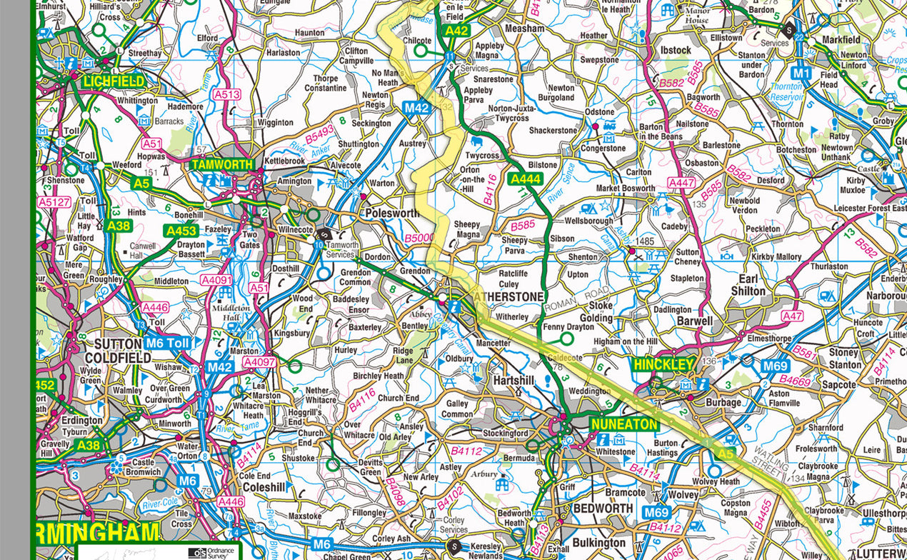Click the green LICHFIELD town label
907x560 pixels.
tap(114, 81)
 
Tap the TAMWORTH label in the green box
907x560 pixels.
tap(222, 164)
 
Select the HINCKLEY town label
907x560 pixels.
tap(663, 364)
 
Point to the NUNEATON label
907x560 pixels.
tap(623, 424)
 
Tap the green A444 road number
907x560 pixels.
tap(524, 179)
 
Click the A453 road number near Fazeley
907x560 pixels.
tap(181, 231)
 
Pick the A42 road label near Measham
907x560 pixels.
tap(456, 31)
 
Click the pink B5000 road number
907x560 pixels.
tap(419, 238)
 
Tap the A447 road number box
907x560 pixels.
tap(681, 184)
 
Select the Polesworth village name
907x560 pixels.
tap(392, 213)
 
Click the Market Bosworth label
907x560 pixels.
tap(625, 189)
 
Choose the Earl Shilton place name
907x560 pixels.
tap(748, 284)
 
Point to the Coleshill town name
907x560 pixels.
tap(264, 487)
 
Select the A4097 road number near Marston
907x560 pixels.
tap(259, 363)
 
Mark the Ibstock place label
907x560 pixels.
tap(676, 50)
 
